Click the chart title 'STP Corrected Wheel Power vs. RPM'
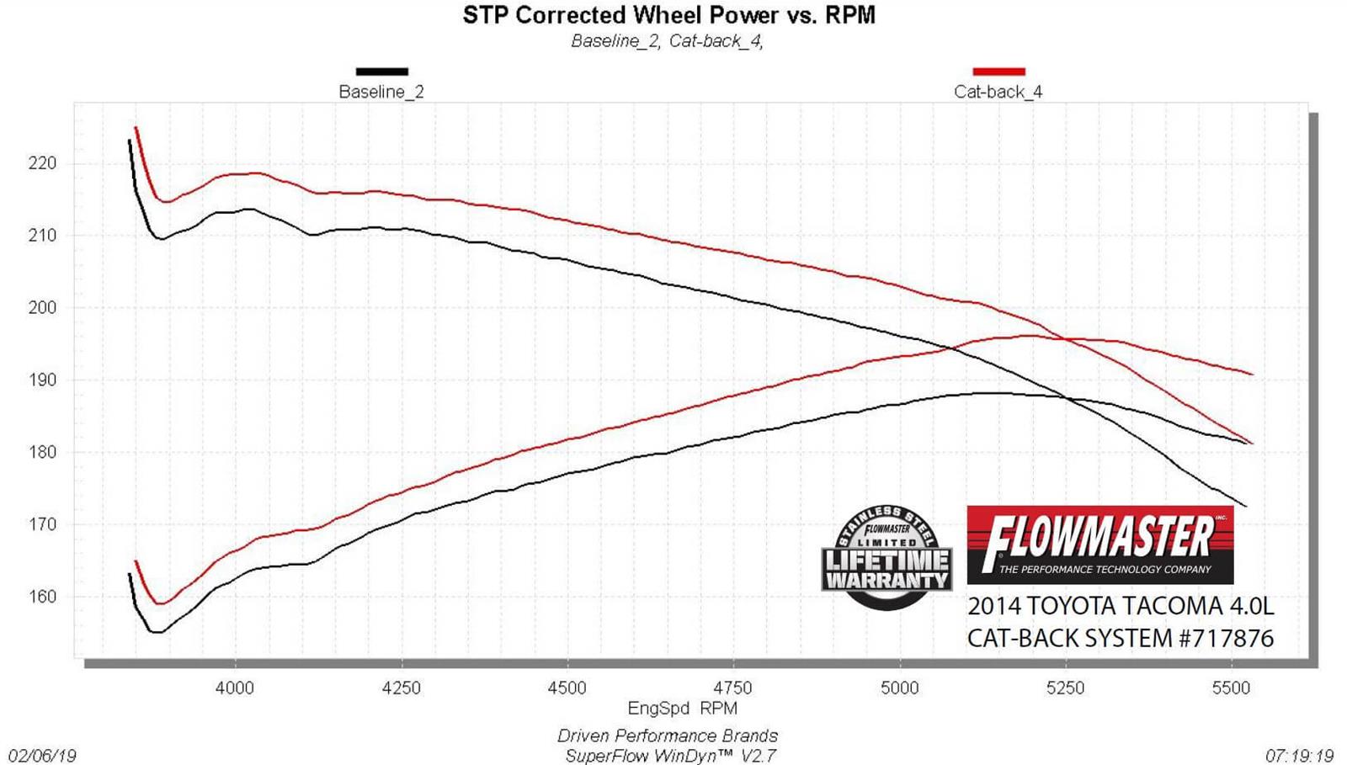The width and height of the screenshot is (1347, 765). click(x=668, y=15)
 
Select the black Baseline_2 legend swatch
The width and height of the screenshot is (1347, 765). click(x=381, y=72)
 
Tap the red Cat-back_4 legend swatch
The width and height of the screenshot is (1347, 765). click(x=998, y=72)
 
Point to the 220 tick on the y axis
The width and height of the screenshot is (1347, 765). click(x=43, y=163)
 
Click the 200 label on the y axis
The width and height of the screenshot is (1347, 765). click(x=43, y=308)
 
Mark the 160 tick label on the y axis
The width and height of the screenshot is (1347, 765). click(x=43, y=597)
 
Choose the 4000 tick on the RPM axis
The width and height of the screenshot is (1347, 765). click(x=235, y=688)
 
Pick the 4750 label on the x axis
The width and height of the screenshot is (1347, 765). click(x=733, y=688)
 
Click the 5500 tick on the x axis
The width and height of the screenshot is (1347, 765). click(x=1231, y=688)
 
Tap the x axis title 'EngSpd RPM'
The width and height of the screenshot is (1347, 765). click(x=682, y=709)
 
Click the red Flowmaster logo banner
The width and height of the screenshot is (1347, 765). click(x=1099, y=545)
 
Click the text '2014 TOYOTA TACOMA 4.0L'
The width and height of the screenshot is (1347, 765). click(x=1120, y=606)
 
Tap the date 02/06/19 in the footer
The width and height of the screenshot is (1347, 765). click(x=42, y=756)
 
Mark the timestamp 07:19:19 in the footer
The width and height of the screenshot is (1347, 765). click(x=1299, y=756)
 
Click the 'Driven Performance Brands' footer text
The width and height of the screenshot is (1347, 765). click(x=667, y=736)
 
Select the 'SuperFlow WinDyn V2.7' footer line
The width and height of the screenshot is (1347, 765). click(x=670, y=756)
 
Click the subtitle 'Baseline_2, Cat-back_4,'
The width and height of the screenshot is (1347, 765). click(x=667, y=41)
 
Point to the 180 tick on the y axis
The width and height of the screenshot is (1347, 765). click(x=43, y=452)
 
